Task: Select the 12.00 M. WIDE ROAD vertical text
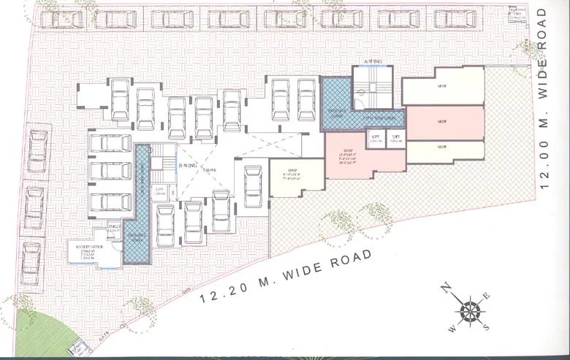[x=541, y=99]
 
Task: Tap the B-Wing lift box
[x=159, y=193]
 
